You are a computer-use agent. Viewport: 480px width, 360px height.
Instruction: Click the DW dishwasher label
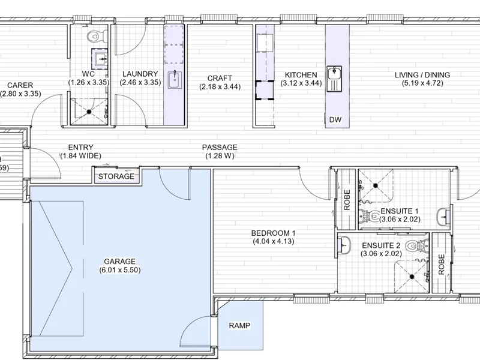coord(335,119)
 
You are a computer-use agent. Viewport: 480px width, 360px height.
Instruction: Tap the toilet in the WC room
coord(97,36)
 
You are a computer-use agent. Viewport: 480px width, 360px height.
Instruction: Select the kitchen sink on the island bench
coord(334,79)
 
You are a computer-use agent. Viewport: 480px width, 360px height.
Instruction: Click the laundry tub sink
coord(175,79)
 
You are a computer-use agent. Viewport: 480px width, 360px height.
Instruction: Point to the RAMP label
coord(239,325)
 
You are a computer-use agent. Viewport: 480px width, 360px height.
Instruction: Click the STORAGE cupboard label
coord(116,176)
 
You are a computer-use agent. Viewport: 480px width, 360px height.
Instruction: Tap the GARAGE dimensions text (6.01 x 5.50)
coord(120,270)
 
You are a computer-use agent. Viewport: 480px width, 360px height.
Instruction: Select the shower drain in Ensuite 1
coord(376,185)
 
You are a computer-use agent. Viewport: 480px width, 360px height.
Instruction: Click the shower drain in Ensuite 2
coord(412,277)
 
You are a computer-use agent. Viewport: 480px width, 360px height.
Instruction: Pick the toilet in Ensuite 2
coord(416,246)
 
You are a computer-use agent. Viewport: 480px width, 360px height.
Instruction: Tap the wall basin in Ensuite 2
coord(344,245)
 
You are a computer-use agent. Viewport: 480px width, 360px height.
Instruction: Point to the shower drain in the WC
coord(89,112)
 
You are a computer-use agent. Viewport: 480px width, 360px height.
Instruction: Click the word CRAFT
coord(220,79)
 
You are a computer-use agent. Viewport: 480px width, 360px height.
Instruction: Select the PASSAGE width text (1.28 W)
coord(220,156)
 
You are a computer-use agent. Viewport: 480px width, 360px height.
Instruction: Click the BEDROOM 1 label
coord(274,233)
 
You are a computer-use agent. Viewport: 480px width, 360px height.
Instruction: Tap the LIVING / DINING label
coord(422,75)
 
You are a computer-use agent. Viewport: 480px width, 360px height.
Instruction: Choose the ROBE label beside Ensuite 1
coord(347,200)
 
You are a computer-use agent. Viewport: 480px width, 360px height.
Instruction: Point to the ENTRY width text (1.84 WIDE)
coord(81,156)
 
